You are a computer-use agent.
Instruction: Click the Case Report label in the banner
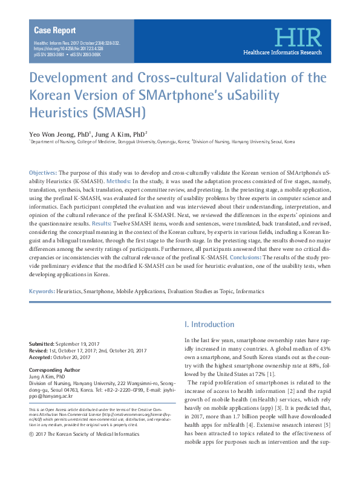55,30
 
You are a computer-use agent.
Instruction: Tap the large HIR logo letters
296,37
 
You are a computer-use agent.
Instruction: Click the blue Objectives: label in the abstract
44,173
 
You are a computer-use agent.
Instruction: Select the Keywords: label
42,291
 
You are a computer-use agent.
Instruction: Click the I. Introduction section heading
209,324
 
